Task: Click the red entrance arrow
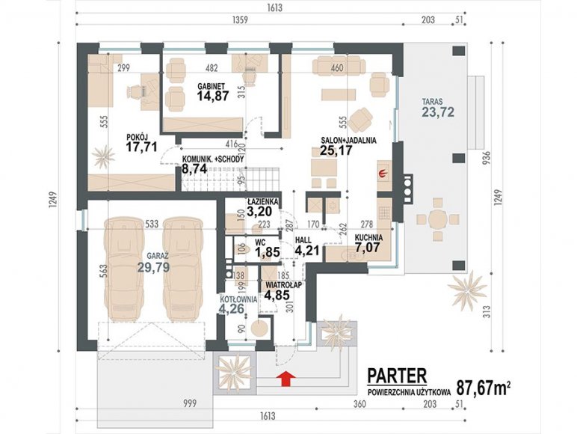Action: click(286, 379)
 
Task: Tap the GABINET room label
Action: click(212, 86)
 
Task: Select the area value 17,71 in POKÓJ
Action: click(141, 147)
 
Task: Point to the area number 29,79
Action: click(153, 266)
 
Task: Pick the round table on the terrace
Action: click(438, 220)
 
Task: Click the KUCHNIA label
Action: click(368, 238)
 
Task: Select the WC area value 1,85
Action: click(268, 252)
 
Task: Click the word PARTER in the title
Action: click(398, 376)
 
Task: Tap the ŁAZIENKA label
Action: click(263, 202)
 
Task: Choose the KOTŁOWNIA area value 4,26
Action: click(232, 308)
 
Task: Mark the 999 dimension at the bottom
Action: click(191, 403)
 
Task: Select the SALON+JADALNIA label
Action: click(348, 141)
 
